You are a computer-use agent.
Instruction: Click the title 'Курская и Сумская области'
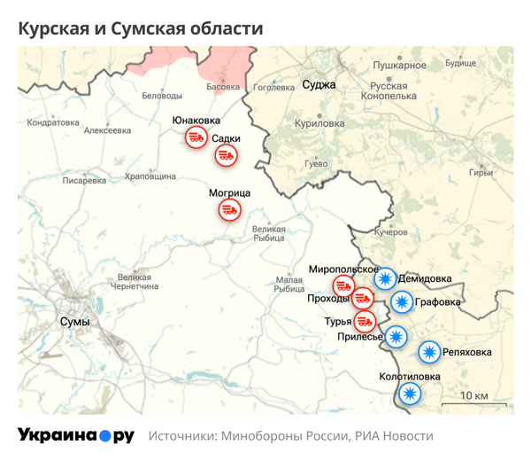coord(141,28)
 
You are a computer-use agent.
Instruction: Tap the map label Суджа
coord(319,85)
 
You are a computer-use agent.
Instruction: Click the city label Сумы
coord(74,321)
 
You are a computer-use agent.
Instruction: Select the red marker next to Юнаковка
coord(195,137)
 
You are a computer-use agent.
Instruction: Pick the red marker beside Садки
coord(227,155)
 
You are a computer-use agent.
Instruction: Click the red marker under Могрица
coord(230,210)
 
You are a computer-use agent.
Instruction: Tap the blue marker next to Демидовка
coord(385,278)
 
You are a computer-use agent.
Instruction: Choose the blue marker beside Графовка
coord(402,302)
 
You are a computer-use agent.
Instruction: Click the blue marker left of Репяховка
coord(429,352)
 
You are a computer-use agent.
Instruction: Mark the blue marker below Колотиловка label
coord(408,394)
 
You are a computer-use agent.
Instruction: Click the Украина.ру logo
coord(76,436)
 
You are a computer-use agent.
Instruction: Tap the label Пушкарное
coord(399,66)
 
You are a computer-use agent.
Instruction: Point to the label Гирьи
coord(481,173)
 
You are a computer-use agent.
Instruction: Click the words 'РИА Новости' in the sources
coord(395,436)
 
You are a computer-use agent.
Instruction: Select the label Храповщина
coord(150,176)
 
